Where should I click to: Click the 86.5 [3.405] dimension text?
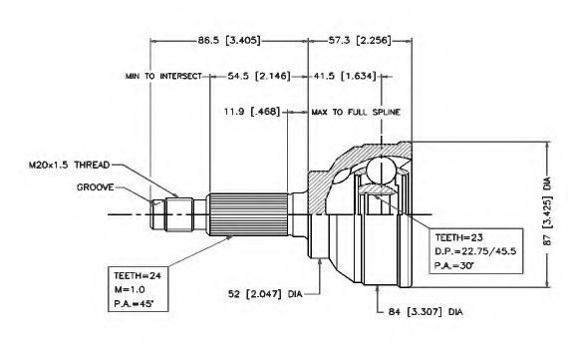click(229, 40)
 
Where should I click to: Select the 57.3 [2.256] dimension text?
click(360, 40)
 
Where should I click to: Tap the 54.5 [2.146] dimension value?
click(259, 76)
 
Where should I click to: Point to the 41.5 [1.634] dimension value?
click(345, 76)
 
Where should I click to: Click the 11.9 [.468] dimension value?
click(252, 112)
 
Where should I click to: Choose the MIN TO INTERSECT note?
click(163, 76)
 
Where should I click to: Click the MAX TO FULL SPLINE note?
click(356, 112)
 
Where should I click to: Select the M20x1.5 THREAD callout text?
click(69, 165)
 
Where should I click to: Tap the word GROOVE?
click(96, 187)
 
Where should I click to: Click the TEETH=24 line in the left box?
click(138, 275)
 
